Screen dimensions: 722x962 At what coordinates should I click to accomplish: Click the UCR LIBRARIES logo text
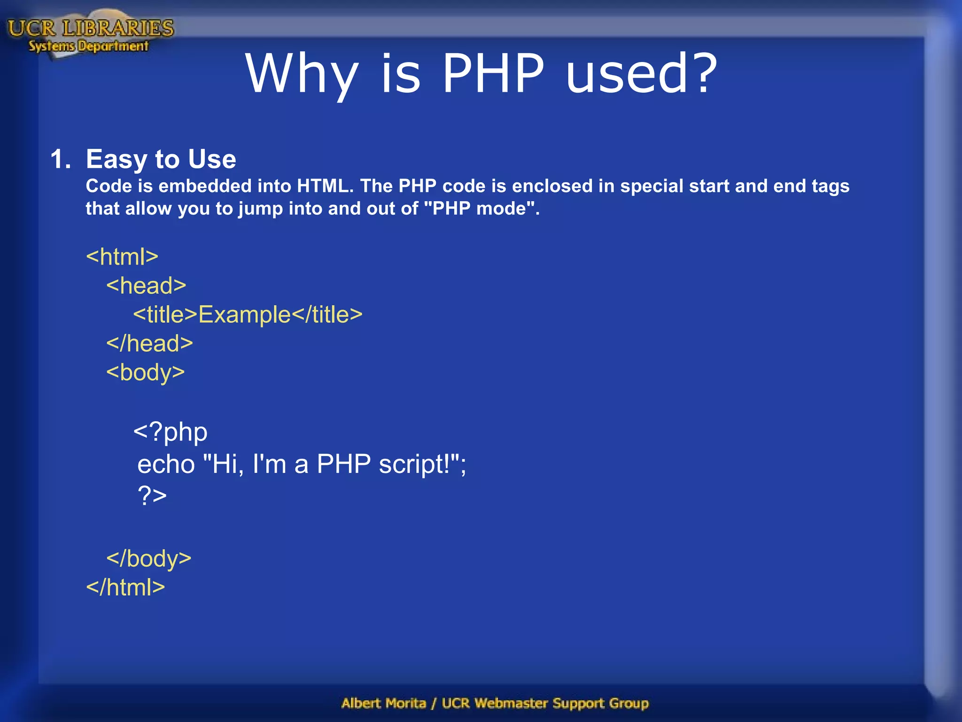coord(91,28)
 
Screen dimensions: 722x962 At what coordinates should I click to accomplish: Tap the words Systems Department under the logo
coord(88,46)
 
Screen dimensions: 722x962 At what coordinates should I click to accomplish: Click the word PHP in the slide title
coord(493,74)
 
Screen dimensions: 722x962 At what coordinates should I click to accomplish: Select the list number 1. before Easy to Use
coord(60,159)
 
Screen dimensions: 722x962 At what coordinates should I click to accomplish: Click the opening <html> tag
coord(122,257)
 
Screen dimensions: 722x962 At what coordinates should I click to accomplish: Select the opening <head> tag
coord(146,286)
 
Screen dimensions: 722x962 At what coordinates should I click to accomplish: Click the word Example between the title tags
coord(245,314)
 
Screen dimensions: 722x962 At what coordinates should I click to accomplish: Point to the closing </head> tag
coord(149,344)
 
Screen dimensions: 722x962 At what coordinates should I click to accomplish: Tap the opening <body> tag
coord(145,373)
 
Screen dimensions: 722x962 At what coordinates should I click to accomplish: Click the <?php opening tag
coord(170,432)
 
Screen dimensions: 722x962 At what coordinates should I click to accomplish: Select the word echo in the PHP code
coord(166,464)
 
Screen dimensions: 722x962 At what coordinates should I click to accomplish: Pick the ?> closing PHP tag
coord(152,495)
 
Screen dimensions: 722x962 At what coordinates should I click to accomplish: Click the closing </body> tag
coord(148,558)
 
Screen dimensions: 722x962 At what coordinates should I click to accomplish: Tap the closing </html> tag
coord(125,587)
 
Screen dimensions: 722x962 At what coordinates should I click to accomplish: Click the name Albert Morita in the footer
coord(383,703)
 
